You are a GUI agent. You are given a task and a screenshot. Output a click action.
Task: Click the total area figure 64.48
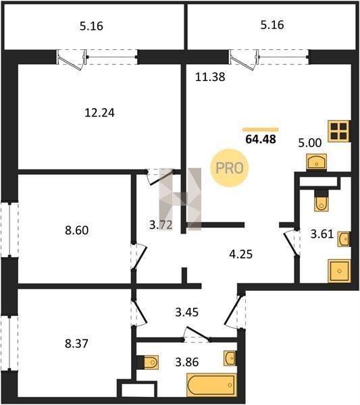coord(261,139)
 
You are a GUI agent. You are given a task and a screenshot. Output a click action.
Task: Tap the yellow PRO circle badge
coord(229,168)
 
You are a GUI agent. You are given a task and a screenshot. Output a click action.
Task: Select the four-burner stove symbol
coord(339,131)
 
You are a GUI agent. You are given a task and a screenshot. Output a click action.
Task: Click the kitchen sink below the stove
coord(316,162)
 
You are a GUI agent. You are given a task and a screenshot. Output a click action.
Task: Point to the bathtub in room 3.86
coord(211,385)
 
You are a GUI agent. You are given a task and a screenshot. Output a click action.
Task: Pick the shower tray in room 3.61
coord(339,271)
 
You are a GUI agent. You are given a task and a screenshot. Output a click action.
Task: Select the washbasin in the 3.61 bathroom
coord(344,239)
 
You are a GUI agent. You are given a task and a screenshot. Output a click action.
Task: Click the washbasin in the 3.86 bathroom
coord(230,358)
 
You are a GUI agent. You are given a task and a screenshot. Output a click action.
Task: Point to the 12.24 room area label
coord(99,113)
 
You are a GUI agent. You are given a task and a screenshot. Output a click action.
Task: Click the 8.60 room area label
coord(77,230)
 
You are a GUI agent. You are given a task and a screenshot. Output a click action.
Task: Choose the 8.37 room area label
coord(76,344)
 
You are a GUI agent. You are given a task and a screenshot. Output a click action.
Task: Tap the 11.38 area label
coord(210,77)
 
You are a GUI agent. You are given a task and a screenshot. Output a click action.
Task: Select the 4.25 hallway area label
coord(241,254)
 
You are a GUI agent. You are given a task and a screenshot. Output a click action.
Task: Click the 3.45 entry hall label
coord(187,313)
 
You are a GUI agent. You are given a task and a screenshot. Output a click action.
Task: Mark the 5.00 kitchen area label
coord(310,142)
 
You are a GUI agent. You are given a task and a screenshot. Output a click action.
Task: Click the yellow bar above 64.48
coord(261,130)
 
